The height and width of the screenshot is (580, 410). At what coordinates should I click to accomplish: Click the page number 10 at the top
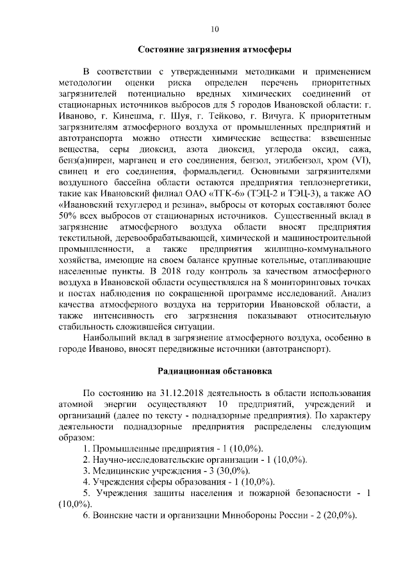tap(215, 28)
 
